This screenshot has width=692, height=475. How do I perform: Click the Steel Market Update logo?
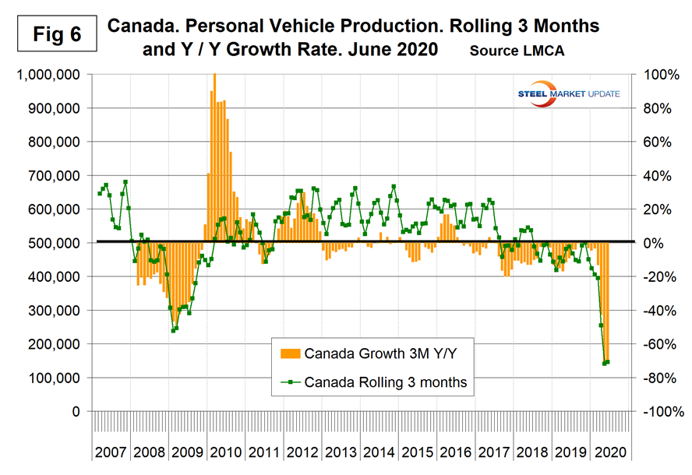click(x=568, y=93)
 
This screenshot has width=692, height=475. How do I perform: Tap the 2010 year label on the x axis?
click(x=226, y=451)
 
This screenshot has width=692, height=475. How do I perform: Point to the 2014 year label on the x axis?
click(x=380, y=451)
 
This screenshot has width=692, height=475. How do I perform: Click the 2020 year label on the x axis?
click(x=609, y=451)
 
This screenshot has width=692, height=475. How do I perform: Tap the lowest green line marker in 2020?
click(x=604, y=363)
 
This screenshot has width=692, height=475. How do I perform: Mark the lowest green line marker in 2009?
click(x=173, y=330)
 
